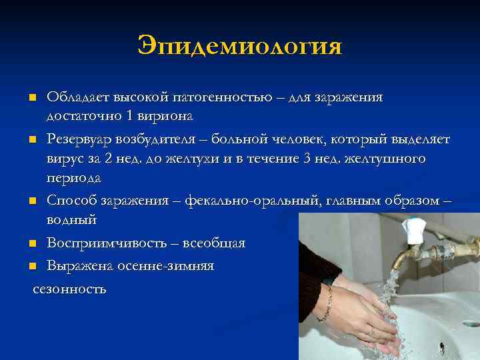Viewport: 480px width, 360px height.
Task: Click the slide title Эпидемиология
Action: tap(239, 46)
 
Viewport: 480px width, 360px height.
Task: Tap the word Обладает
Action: tap(75, 97)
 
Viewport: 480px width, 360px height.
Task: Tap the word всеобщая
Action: tap(213, 243)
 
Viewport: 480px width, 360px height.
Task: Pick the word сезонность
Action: tap(69, 289)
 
